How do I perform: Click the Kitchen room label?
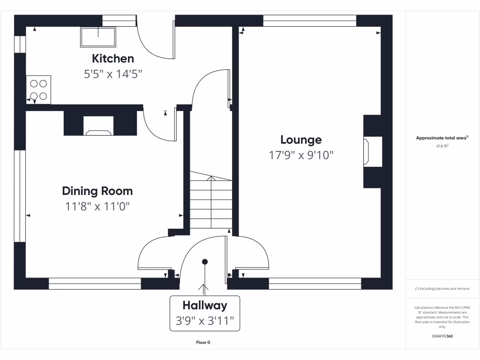pos(113,59)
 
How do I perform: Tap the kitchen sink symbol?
pos(98,37)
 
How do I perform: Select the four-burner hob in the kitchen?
pos(38,90)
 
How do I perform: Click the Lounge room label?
pos(301,140)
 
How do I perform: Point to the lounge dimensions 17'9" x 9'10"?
pos(301,155)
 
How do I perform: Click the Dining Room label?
pos(97,191)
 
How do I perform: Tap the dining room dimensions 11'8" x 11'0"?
pos(97,206)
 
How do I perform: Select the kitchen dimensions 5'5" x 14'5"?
pos(113,74)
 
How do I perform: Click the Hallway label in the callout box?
pos(205,306)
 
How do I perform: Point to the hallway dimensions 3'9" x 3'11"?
pos(205,322)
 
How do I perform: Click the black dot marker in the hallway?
pos(205,262)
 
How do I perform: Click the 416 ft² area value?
pos(442,146)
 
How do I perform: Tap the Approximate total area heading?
pos(442,138)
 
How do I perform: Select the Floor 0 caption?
pos(202,342)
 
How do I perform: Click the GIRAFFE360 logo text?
pos(442,336)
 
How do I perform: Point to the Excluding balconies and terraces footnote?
pos(442,289)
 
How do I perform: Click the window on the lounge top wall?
pos(310,20)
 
